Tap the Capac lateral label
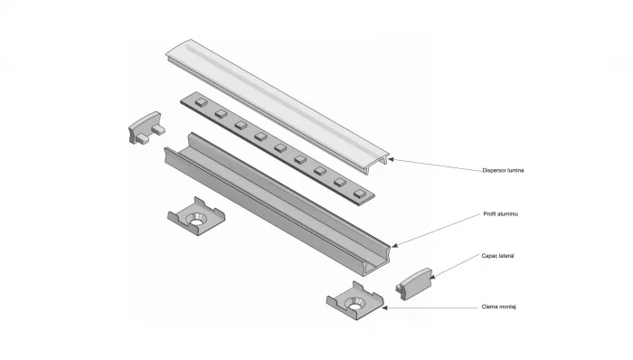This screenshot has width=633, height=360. tap(498, 256)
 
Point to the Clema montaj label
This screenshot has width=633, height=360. tap(499, 307)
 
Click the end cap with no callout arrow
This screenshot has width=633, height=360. tap(145, 128)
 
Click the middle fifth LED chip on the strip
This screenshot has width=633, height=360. tap(279, 147)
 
